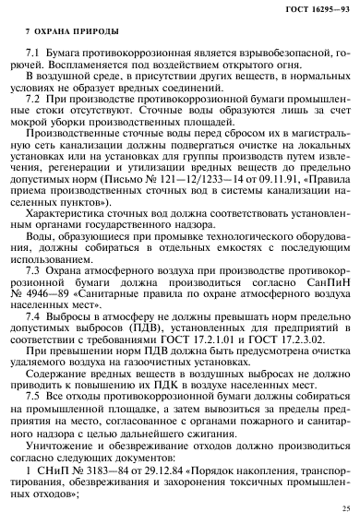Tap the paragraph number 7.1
(40, 54)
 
